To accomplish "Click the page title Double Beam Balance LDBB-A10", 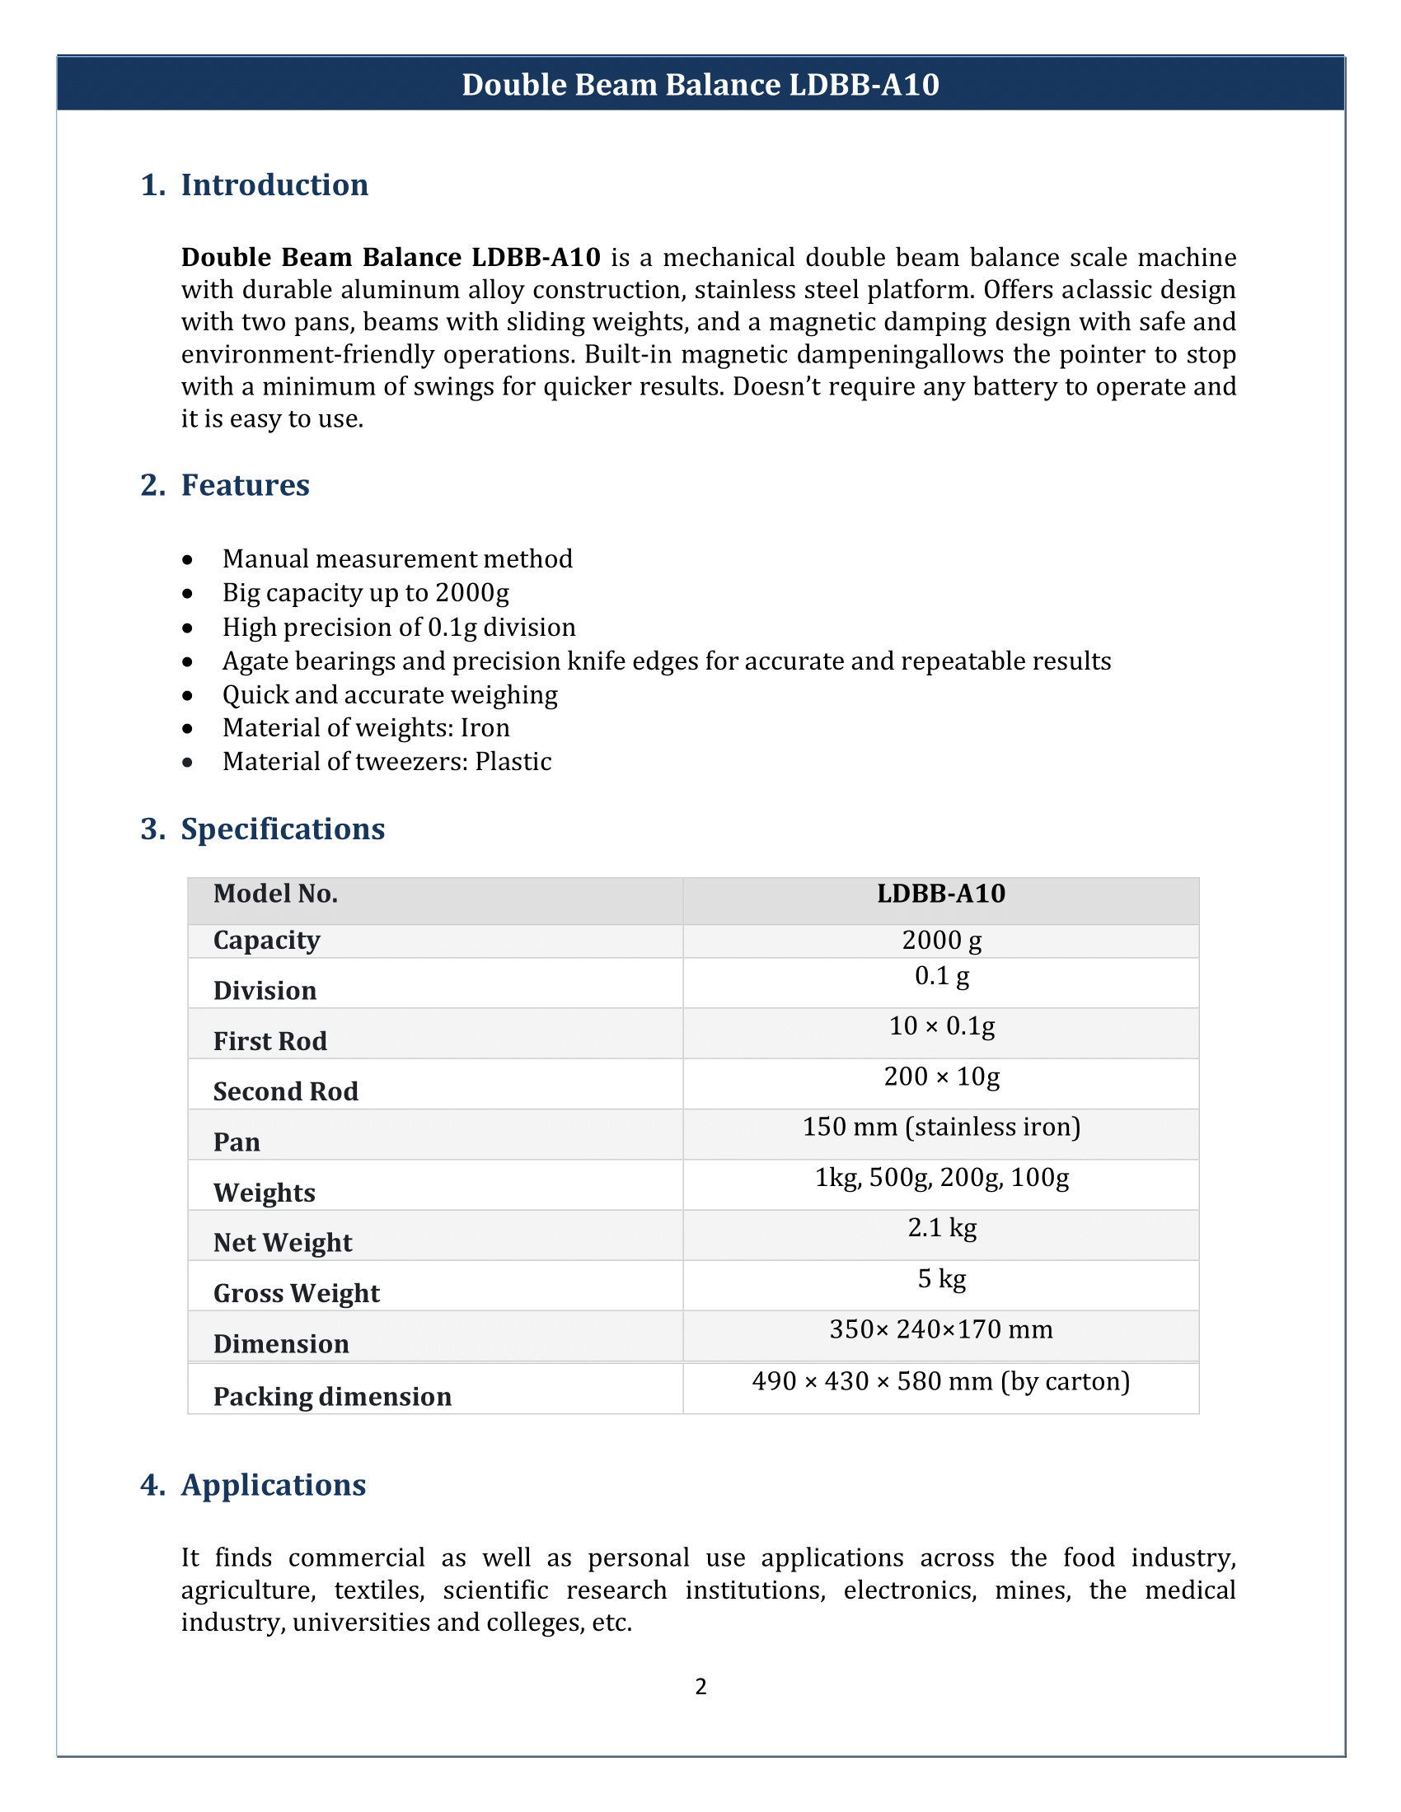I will (x=700, y=85).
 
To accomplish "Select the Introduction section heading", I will (x=274, y=185).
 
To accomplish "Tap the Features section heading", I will (x=245, y=485).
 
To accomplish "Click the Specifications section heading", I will (x=282, y=829).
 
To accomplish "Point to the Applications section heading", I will (x=273, y=1485).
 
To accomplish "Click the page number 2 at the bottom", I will (x=700, y=1687).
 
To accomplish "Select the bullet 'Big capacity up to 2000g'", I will (x=365, y=593).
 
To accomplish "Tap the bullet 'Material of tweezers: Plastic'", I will (x=387, y=762).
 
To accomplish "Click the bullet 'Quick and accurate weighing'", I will (x=389, y=694).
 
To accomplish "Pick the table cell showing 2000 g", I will (x=941, y=940).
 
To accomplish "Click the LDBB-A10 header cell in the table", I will (x=941, y=894).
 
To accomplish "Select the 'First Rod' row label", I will (x=269, y=1041).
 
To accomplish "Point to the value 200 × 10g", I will (x=941, y=1077).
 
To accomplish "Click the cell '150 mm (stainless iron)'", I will (x=941, y=1128).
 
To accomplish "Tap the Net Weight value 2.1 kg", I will (x=941, y=1228).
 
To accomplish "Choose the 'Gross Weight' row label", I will (x=297, y=1293).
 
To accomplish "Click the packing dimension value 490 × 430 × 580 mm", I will (x=941, y=1381).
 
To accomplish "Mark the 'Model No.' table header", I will (x=274, y=894).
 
